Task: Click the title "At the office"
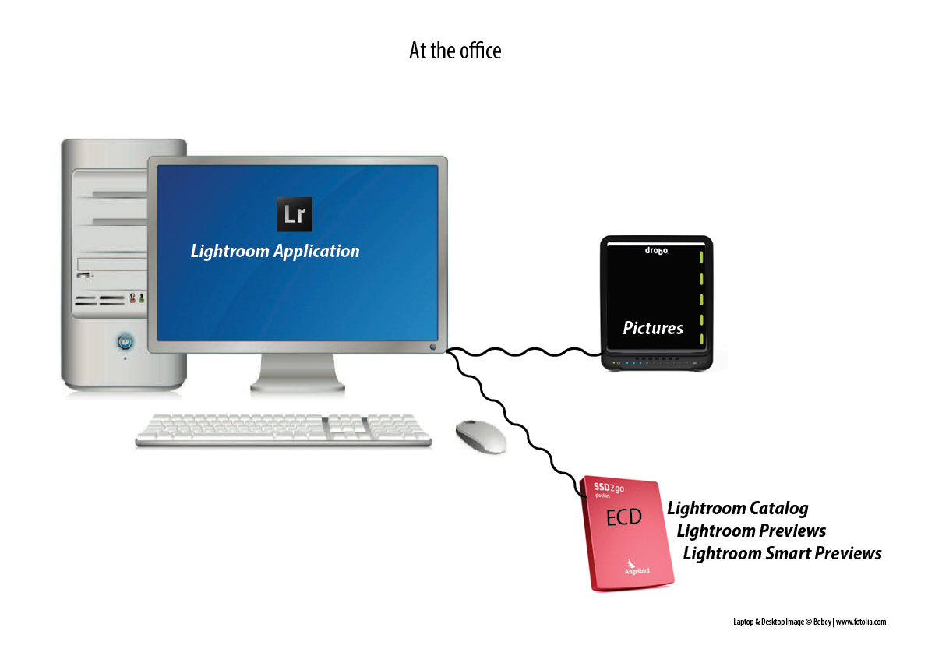coord(455,51)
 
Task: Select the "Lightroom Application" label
coord(275,252)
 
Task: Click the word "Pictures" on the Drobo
coord(653,328)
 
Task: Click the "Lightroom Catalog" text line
coord(738,509)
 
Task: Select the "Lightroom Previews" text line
coord(751,531)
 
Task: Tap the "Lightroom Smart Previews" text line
coord(782,554)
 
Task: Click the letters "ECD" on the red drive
coord(623,517)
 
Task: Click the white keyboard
coord(283,429)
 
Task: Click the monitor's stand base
coord(297,382)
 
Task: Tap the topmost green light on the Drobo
coord(701,258)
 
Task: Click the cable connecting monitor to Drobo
coord(522,352)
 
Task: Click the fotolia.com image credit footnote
coord(810,622)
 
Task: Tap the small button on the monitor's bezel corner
coord(433,345)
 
